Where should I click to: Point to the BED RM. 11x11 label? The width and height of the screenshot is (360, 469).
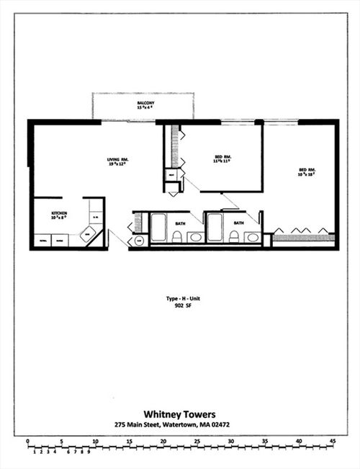(222, 158)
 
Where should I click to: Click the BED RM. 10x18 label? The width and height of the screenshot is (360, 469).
(307, 172)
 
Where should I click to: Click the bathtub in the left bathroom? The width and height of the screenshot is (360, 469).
(158, 227)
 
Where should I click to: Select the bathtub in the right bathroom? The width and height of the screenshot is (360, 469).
(215, 227)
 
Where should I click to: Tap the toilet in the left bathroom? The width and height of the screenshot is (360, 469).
(176, 236)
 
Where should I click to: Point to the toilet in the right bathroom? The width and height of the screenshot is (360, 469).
(233, 236)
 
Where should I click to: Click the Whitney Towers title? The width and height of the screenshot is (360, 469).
(176, 414)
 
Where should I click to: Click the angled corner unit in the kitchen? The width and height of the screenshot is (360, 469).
(89, 235)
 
